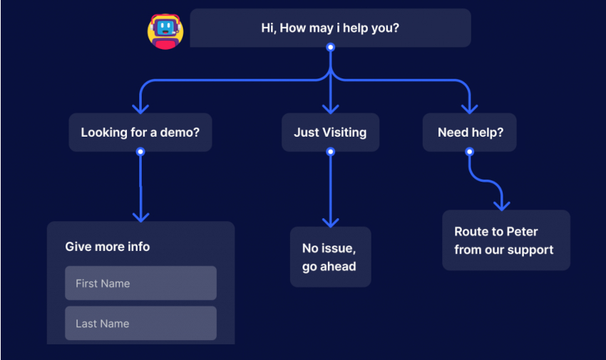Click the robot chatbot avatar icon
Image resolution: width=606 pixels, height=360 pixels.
point(165,31)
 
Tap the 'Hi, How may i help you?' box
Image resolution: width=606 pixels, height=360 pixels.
point(330,28)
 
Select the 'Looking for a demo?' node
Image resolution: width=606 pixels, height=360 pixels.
point(140,132)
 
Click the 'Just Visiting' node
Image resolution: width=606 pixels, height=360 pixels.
point(330,132)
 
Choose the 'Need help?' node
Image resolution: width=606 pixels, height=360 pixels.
point(469,132)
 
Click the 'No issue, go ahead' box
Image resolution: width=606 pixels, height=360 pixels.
point(330,257)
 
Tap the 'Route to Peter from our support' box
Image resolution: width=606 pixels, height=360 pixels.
point(505,240)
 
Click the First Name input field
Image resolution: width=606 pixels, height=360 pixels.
point(140,283)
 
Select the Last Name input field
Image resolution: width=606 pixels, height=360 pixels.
point(140,323)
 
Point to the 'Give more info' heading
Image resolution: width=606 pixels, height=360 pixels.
point(108,247)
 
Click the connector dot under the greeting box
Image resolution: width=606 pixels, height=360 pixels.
point(330,47)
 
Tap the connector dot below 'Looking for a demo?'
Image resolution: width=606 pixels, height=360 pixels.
point(140,151)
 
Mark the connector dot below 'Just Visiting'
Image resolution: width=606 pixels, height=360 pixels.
point(330,151)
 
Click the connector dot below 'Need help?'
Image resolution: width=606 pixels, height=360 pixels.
point(469,151)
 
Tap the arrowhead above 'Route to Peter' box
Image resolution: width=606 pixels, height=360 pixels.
point(502,205)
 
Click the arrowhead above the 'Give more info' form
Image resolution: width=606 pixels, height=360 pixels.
point(140,217)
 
